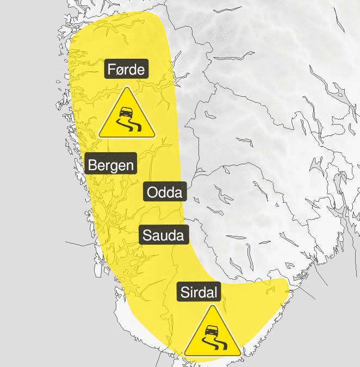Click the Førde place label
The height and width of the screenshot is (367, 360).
[127, 70]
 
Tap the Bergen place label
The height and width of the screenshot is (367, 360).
[111, 165]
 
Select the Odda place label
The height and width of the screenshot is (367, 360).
[165, 192]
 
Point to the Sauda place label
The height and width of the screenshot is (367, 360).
[164, 235]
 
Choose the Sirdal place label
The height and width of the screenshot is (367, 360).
[198, 293]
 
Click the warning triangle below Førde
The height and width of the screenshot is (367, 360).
[127, 116]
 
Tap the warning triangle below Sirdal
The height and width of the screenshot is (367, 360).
[212, 334]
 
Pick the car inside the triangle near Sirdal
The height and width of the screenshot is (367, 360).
[211, 329]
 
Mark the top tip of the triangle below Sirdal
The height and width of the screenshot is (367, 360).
[212, 307]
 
